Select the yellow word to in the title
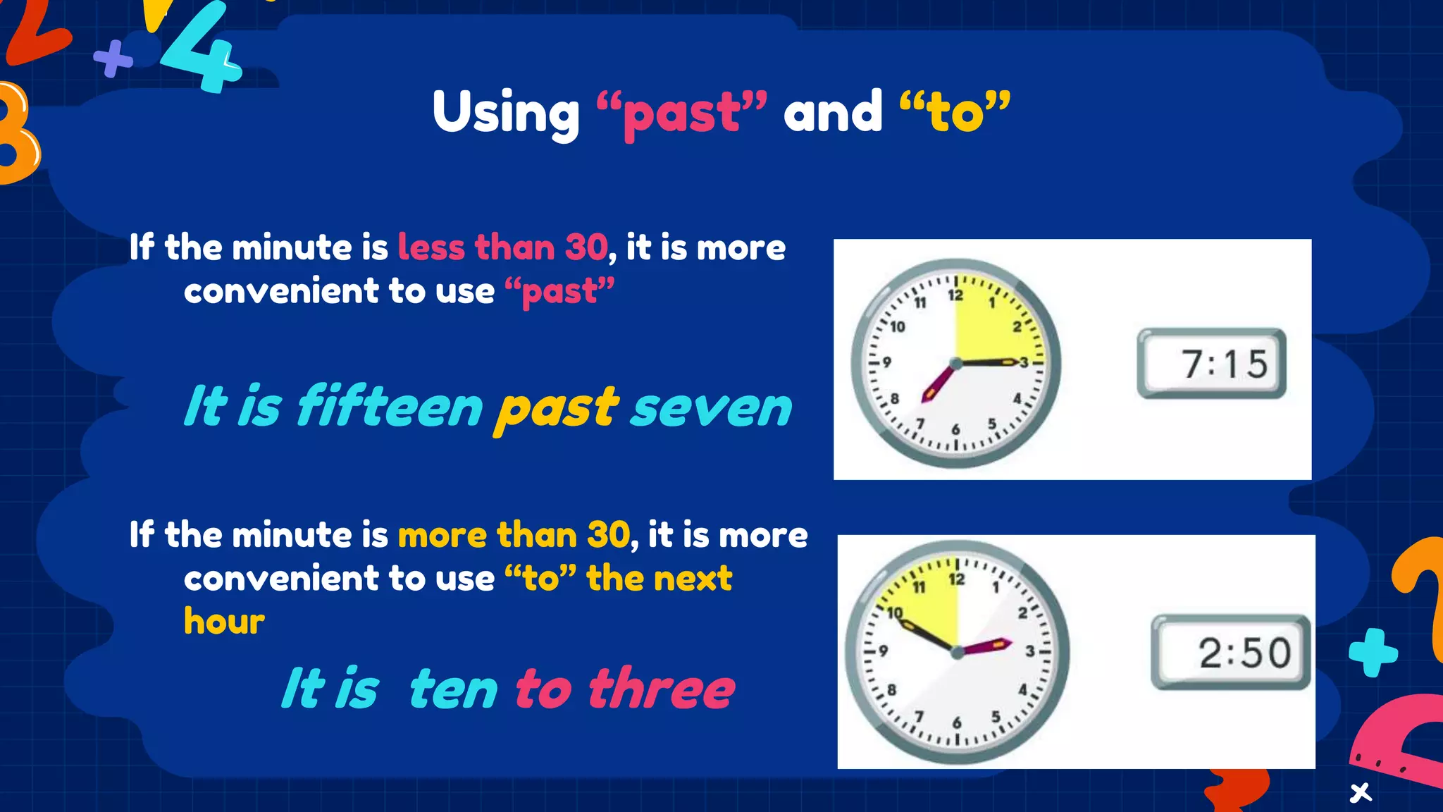pos(955,113)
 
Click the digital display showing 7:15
pos(1211,364)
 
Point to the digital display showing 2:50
pos(1231,652)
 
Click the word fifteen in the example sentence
pos(390,407)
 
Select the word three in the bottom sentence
pos(661,689)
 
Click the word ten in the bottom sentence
pos(453,690)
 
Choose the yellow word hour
pos(224,622)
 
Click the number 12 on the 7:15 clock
pos(955,296)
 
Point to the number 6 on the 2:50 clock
pos(956,722)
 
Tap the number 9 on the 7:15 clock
pos(887,362)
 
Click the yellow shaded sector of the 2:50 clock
pos(924,606)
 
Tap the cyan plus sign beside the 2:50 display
pos(1373,652)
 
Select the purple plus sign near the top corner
pos(113,59)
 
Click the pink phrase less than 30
pos(502,247)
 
